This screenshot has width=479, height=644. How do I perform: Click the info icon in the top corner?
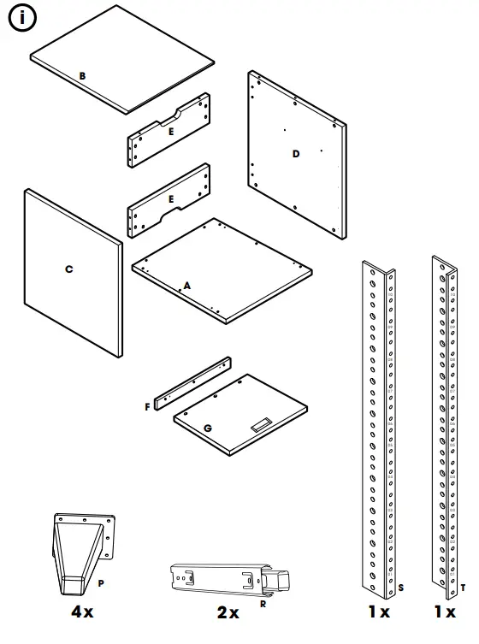(x=21, y=20)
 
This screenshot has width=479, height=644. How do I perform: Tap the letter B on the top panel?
(x=82, y=76)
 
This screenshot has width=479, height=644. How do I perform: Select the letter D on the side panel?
(x=296, y=154)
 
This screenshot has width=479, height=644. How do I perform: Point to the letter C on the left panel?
(x=69, y=269)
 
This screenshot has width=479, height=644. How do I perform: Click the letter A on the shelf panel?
(x=186, y=285)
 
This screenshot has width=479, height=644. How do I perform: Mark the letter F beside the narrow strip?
(x=148, y=407)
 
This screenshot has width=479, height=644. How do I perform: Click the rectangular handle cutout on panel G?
(x=261, y=422)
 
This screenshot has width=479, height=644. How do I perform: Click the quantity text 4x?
(x=82, y=613)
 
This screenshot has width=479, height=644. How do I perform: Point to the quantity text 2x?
(x=228, y=613)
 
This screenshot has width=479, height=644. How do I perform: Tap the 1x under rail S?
(x=379, y=613)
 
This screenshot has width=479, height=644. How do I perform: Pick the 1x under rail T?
(x=444, y=613)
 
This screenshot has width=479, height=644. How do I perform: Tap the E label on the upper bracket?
(x=171, y=132)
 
